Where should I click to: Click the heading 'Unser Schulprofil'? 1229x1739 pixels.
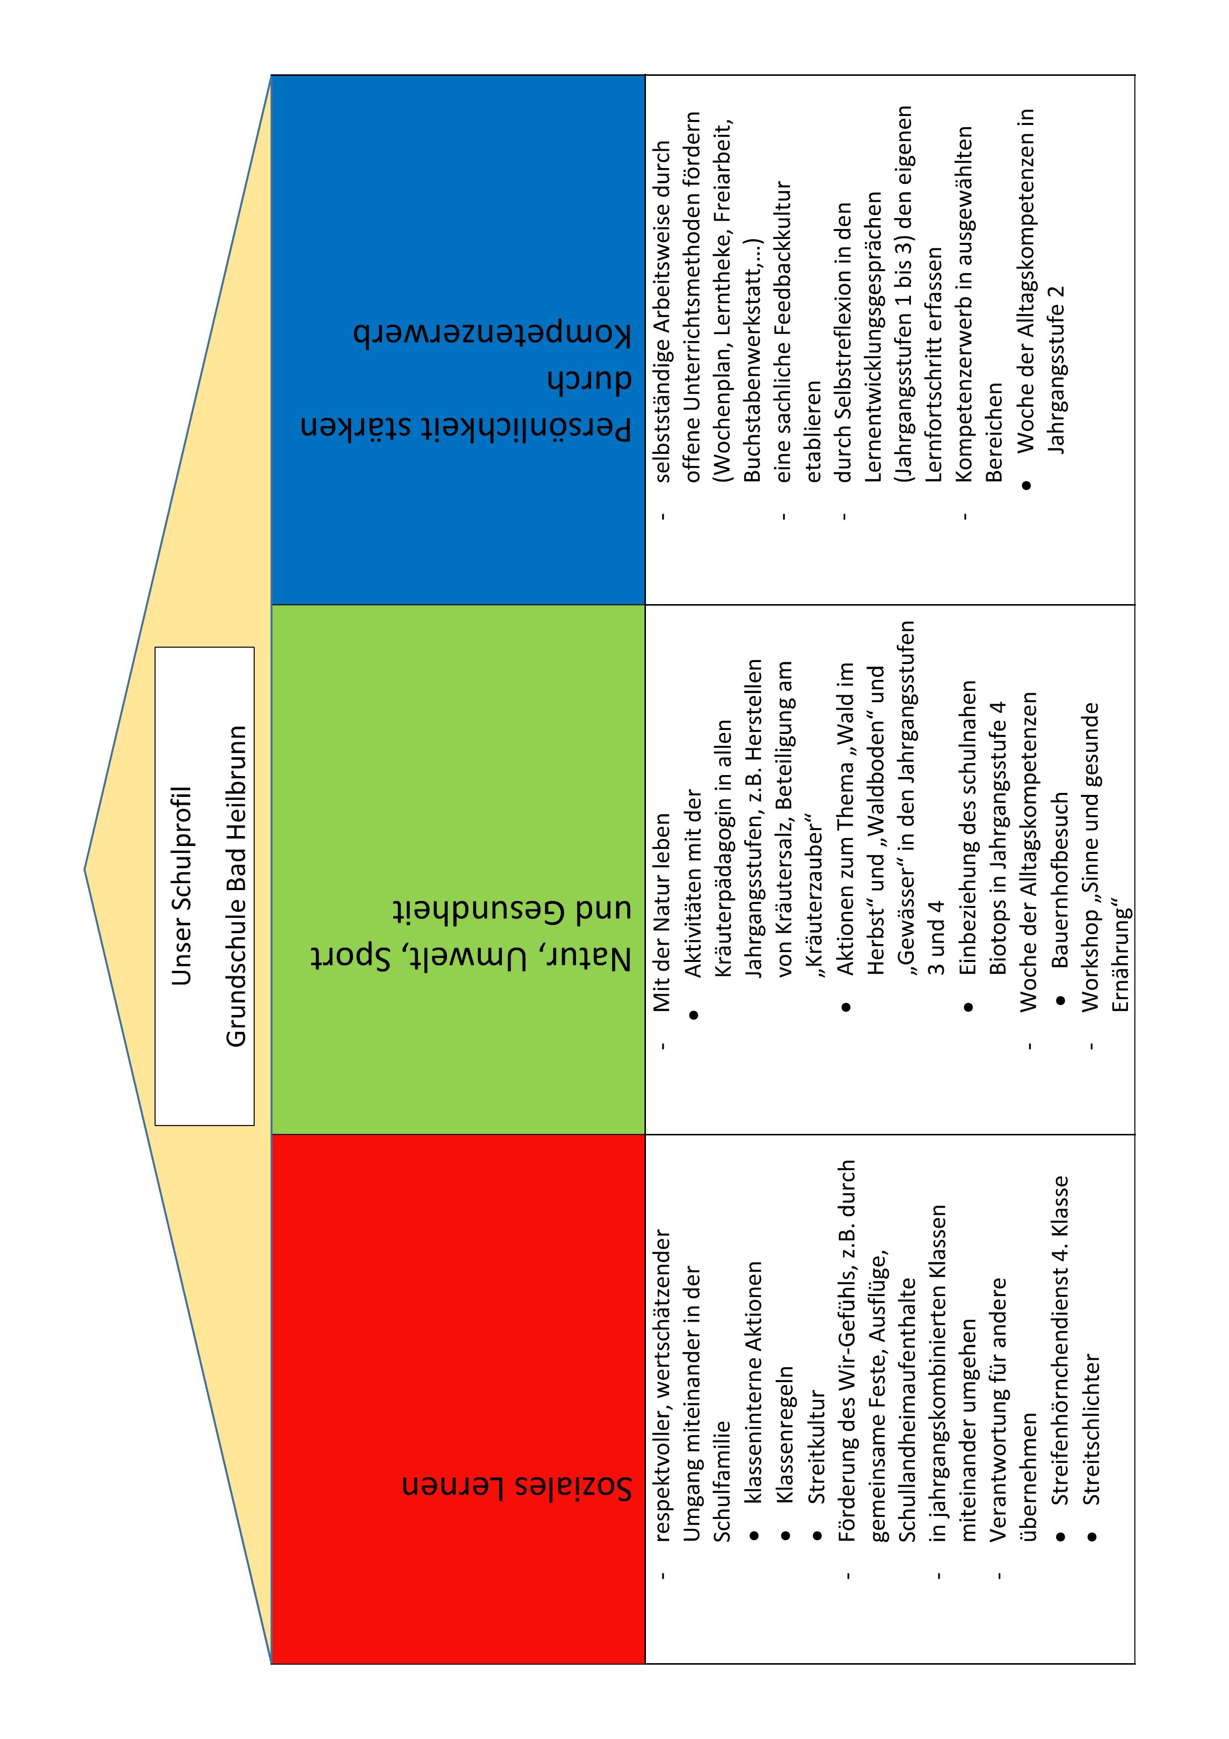coord(182,886)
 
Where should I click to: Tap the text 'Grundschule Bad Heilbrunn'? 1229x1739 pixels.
coord(236,886)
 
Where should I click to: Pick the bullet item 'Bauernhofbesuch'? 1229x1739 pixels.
coord(1060,879)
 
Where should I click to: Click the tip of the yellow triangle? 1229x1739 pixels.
coord(85,869)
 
